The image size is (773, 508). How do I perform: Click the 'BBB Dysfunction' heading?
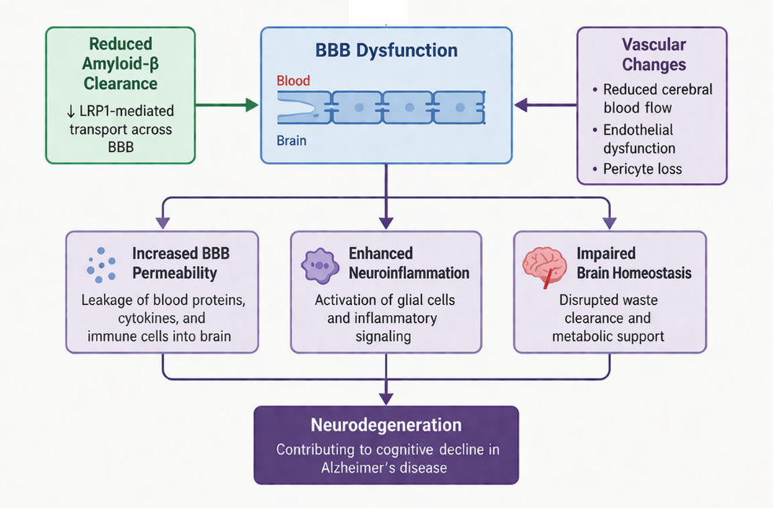[386, 51]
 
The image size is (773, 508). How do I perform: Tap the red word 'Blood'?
[294, 80]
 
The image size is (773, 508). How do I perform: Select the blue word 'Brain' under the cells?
[292, 142]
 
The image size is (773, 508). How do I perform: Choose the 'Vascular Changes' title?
[653, 54]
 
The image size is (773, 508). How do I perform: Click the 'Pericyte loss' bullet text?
[642, 169]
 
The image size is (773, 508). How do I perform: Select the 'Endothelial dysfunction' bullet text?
[639, 139]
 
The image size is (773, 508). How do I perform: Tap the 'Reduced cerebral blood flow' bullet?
[657, 98]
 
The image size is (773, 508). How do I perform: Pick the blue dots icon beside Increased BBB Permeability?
[100, 265]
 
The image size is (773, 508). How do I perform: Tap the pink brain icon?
[543, 266]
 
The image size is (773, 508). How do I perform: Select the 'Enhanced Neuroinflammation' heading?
[409, 263]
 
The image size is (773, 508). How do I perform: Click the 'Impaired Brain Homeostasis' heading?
[634, 263]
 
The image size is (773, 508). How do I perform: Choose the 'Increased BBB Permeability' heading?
[175, 263]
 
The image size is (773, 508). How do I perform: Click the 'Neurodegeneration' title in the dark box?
[386, 425]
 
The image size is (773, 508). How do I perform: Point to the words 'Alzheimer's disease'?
[386, 467]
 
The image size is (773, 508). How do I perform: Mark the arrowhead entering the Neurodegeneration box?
[386, 399]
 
